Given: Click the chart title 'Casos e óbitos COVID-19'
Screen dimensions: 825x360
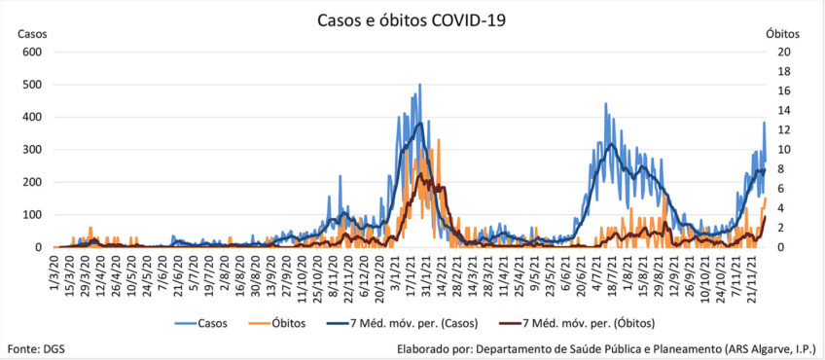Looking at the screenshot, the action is [x=412, y=20].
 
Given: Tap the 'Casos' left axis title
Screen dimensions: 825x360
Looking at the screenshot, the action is [x=33, y=34].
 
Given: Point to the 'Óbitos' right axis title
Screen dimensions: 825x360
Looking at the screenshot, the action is [x=782, y=34].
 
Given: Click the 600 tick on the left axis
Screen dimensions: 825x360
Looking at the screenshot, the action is [x=33, y=53].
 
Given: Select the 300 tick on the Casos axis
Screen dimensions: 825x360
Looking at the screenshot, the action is [x=33, y=150].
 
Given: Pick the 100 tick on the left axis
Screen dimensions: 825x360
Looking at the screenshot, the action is [x=33, y=215].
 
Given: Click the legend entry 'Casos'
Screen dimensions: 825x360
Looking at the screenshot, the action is [x=201, y=323].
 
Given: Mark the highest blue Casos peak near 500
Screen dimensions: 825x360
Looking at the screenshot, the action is [x=419, y=85].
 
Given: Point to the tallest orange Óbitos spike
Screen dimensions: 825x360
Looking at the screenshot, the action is [x=439, y=140].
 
